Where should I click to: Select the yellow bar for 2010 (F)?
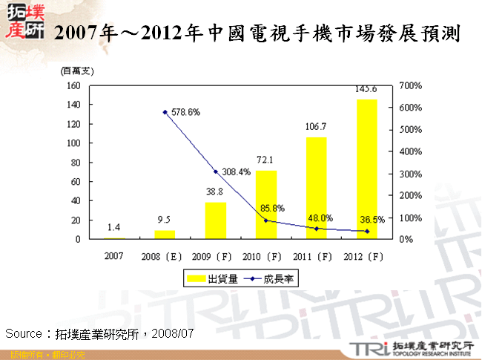[x=265, y=205]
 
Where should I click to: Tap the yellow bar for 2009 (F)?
[x=216, y=220]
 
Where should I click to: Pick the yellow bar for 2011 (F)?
[x=316, y=189]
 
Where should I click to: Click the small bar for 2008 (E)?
[x=165, y=235]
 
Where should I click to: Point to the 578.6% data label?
[x=185, y=113]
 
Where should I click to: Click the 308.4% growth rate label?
[x=236, y=172]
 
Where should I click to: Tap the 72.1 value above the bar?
[x=265, y=160]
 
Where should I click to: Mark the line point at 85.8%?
[x=265, y=220]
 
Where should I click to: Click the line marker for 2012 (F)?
[x=366, y=232]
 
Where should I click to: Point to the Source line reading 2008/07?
[x=99, y=333]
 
